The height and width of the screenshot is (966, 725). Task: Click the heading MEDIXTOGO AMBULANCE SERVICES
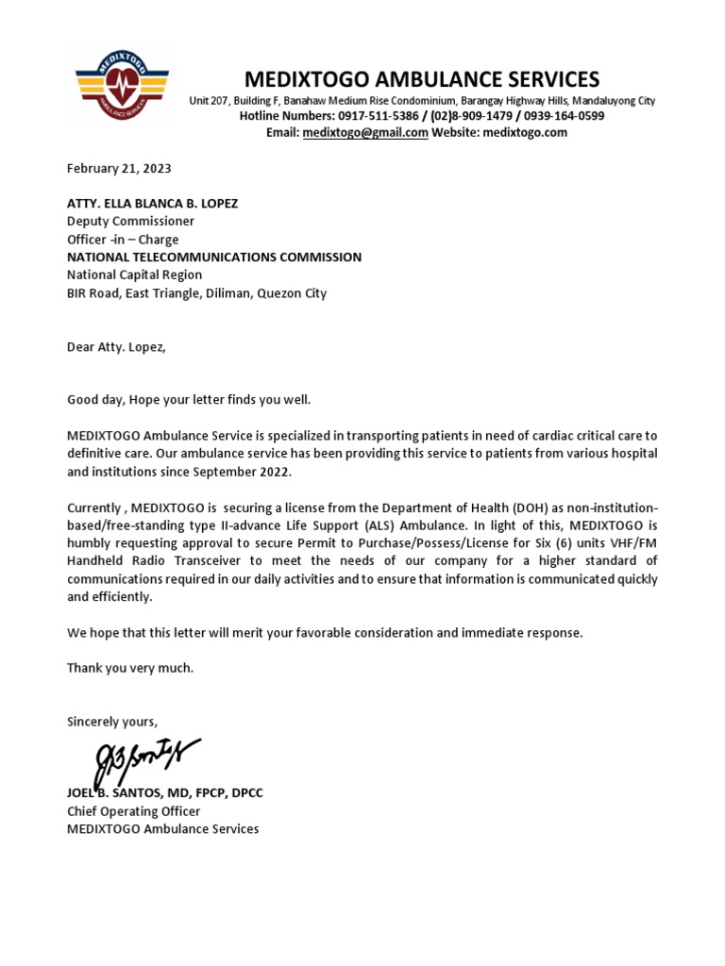click(422, 79)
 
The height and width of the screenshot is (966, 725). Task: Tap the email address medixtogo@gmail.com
click(365, 133)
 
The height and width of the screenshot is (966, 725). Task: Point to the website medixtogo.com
click(525, 133)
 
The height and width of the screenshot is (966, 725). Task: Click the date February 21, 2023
click(119, 169)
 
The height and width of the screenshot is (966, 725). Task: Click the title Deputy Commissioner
click(130, 222)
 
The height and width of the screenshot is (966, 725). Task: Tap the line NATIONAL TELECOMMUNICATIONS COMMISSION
click(213, 258)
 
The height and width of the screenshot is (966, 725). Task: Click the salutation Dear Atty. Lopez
click(116, 346)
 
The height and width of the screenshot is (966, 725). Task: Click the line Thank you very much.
click(130, 668)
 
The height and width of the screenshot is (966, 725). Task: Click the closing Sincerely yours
click(112, 722)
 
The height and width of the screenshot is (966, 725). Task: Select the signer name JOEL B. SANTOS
click(122, 793)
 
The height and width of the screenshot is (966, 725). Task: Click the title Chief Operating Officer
click(133, 811)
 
